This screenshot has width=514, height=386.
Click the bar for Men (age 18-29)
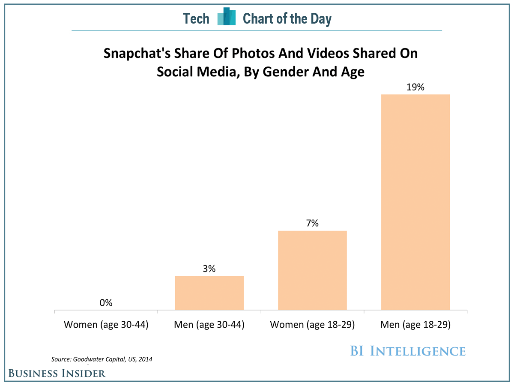(415, 202)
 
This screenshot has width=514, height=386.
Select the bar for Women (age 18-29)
(312, 270)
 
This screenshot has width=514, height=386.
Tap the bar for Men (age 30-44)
(209, 293)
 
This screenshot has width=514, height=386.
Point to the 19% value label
(415, 87)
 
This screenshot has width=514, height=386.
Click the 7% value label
(312, 223)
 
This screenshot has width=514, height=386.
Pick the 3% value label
(209, 269)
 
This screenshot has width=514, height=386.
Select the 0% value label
(106, 303)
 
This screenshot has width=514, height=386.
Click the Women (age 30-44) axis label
(106, 325)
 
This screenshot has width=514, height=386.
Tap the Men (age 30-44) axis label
(209, 325)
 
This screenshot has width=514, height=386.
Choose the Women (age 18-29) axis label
(312, 325)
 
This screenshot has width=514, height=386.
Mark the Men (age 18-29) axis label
(415, 325)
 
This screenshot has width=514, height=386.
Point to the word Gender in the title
(286, 72)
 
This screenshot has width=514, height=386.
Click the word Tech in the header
(196, 18)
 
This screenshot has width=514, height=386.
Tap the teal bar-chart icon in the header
(226, 17)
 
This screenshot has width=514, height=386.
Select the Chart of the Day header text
(287, 18)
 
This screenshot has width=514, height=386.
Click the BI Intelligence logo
(407, 351)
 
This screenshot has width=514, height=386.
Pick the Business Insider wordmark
(57, 373)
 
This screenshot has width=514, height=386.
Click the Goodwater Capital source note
(102, 359)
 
